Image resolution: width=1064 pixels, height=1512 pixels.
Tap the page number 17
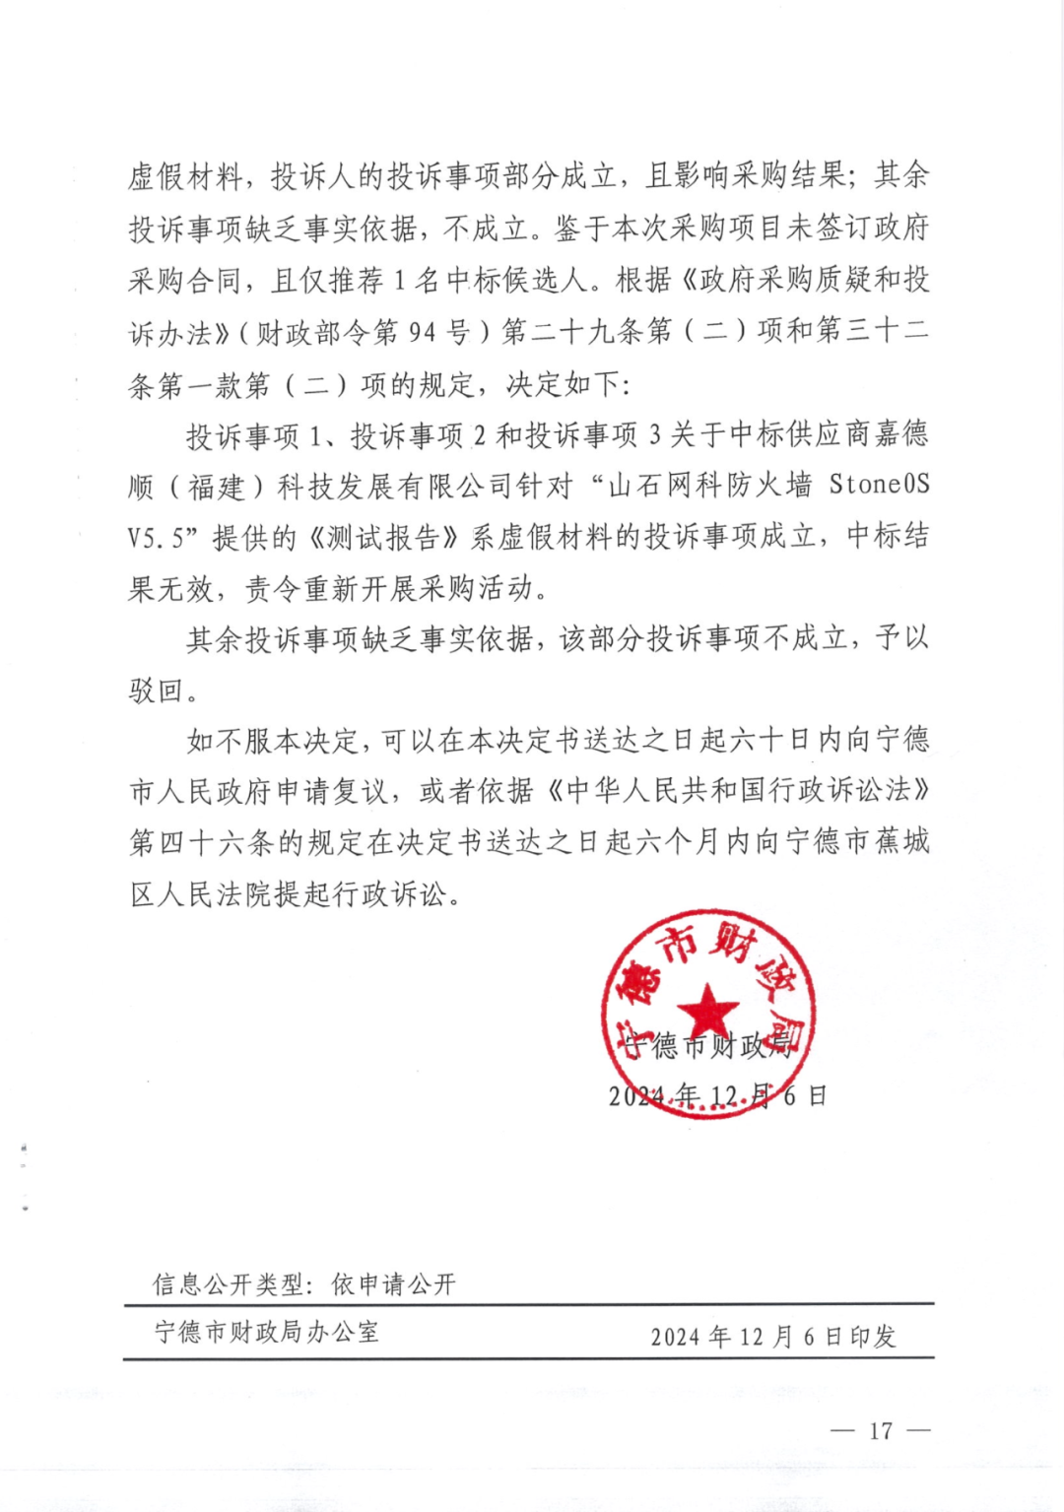click(x=881, y=1430)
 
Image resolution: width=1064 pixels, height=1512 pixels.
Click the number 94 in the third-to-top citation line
click(x=422, y=332)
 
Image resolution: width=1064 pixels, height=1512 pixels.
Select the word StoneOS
click(x=879, y=484)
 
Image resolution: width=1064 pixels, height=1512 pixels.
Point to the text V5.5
click(x=156, y=537)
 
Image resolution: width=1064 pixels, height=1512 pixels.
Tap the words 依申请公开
click(x=393, y=1283)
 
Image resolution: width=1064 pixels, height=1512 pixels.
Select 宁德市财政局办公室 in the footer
click(x=267, y=1333)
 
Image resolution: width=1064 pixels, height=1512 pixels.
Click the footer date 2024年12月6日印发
click(x=772, y=1336)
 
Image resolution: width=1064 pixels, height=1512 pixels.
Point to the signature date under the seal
click(x=717, y=1095)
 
